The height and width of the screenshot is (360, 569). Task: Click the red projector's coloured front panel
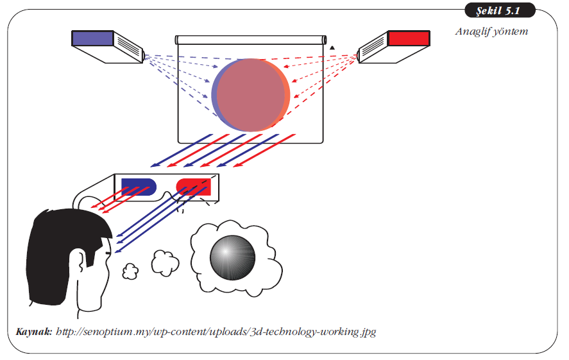click(408, 38)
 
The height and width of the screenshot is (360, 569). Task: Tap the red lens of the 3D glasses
click(194, 185)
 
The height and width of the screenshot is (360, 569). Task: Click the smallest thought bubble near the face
click(130, 271)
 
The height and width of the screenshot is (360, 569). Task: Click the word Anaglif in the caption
click(473, 31)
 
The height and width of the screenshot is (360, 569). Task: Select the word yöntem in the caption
click(511, 31)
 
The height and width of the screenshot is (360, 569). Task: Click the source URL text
click(216, 332)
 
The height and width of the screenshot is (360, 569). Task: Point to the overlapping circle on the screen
click(251, 95)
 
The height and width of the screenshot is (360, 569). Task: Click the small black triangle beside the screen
click(332, 47)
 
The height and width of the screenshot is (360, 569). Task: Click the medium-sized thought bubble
click(166, 261)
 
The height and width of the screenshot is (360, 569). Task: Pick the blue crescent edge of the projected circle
click(215, 96)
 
